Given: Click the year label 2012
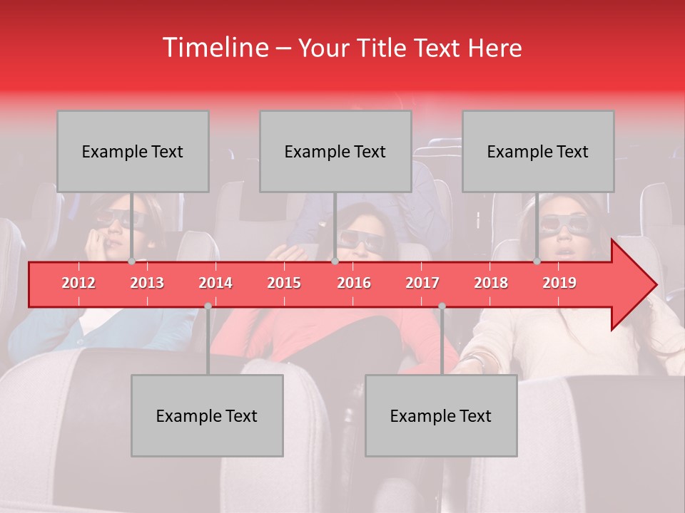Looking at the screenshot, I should (x=78, y=284).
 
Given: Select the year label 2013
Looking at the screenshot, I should (x=147, y=284).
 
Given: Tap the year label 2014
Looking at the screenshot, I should (x=215, y=284).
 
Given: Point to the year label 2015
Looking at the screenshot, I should (x=284, y=284).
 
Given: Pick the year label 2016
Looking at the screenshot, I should (x=354, y=284).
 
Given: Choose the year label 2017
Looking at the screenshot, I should (x=422, y=284).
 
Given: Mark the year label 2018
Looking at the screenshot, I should (x=491, y=284).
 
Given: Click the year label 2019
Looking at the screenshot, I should (x=559, y=284).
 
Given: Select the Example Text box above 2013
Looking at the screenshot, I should (x=133, y=152).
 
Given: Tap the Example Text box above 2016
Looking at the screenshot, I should (x=335, y=152).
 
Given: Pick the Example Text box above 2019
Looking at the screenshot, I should (x=538, y=152).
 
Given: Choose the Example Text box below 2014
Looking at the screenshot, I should (x=207, y=416).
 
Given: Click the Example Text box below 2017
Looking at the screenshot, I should (x=441, y=416).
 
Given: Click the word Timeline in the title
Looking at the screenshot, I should (x=215, y=48).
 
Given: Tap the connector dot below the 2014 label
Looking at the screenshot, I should (x=208, y=306).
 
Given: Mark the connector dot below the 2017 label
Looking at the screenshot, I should (x=442, y=306).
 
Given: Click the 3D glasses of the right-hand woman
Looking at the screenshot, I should (x=563, y=223).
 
